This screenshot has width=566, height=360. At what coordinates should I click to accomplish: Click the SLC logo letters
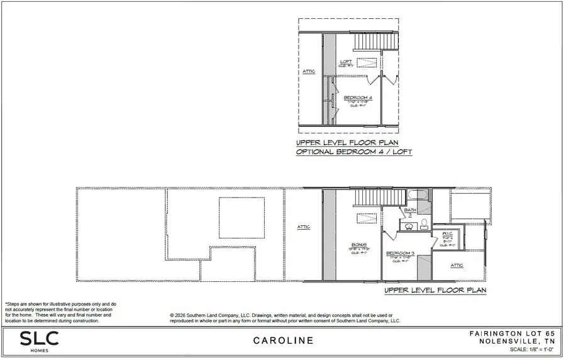39,338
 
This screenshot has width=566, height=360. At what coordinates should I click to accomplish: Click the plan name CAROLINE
283,341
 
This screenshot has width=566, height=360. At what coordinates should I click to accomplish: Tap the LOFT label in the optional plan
346,62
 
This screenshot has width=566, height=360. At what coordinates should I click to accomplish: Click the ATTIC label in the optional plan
308,71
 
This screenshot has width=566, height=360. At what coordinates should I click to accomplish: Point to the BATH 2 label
410,211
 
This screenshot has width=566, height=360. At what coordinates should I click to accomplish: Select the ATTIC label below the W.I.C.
457,266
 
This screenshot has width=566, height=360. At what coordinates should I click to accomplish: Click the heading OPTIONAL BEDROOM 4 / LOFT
353,152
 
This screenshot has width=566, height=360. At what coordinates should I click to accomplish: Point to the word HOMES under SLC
38,351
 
